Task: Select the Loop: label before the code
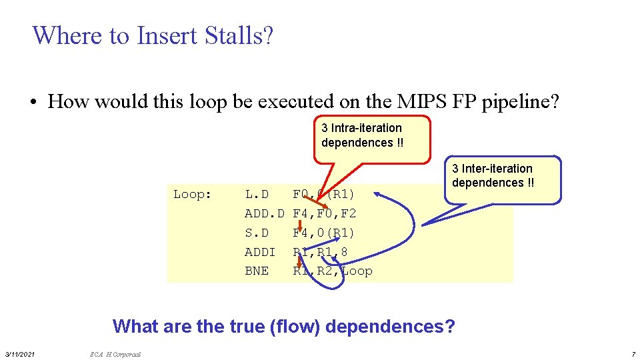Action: [x=193, y=195]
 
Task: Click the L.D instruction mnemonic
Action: [x=257, y=195]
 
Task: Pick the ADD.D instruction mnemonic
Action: [x=265, y=213]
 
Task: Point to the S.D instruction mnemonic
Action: [x=257, y=233]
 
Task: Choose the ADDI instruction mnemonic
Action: [x=260, y=252]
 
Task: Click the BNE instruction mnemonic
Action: [x=257, y=271]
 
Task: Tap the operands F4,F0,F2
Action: [x=325, y=213]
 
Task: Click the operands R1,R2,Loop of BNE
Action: [x=333, y=271]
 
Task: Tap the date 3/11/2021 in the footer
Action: [x=20, y=352]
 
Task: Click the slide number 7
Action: [x=633, y=352]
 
